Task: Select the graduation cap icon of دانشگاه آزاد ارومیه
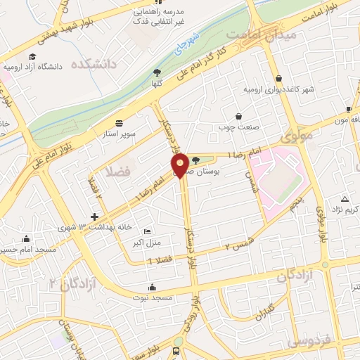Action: click(x=32, y=56)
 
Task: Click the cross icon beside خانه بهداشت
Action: click(x=95, y=216)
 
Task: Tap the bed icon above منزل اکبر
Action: click(x=146, y=231)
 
